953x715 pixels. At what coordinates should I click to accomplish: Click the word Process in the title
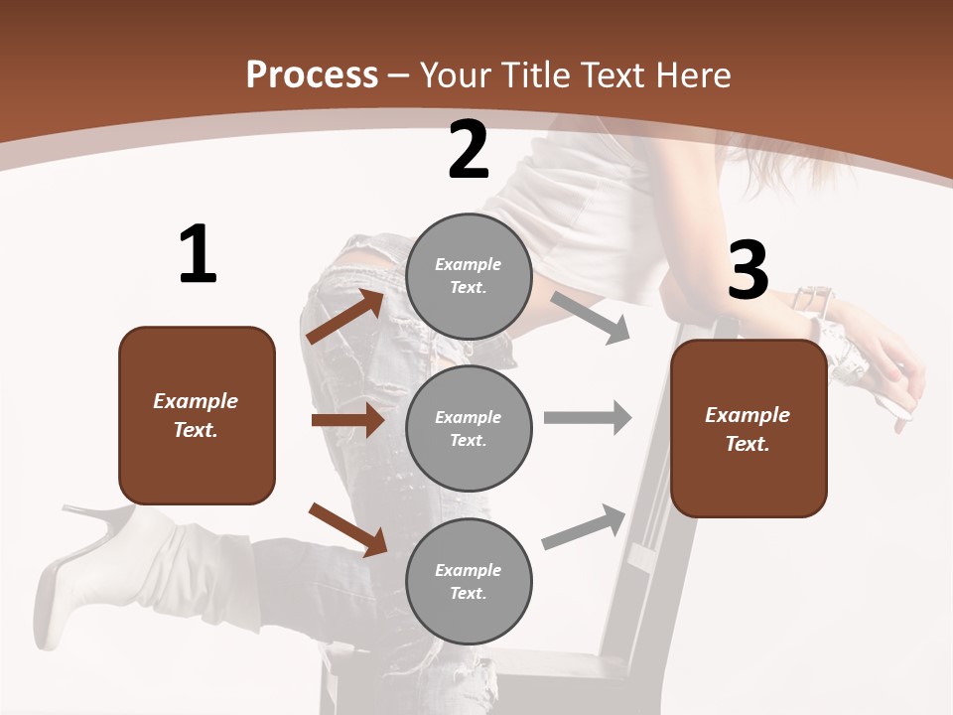(x=312, y=74)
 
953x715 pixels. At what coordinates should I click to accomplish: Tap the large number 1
(x=198, y=254)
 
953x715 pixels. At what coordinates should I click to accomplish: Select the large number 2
(x=469, y=150)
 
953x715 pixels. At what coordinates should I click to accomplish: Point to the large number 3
(x=748, y=270)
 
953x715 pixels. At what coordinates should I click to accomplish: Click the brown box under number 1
(x=197, y=415)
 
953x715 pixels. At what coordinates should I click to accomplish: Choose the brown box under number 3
(x=749, y=429)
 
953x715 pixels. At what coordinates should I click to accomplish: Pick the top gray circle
(x=469, y=276)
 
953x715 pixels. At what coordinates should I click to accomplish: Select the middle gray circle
(x=469, y=428)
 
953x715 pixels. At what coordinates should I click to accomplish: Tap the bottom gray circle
(x=469, y=581)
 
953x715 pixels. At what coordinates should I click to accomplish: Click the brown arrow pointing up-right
(x=345, y=317)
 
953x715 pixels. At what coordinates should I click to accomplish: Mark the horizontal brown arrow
(x=347, y=420)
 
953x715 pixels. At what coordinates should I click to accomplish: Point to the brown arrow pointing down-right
(x=347, y=529)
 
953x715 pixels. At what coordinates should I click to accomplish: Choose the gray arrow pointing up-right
(x=585, y=527)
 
